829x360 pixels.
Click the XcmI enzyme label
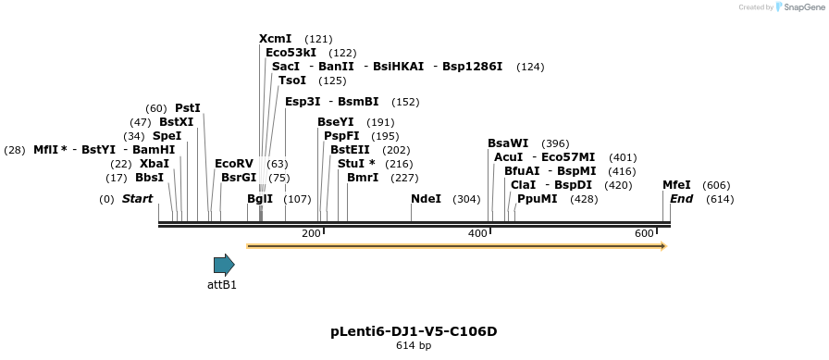(x=276, y=39)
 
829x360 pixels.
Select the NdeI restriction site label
(x=426, y=199)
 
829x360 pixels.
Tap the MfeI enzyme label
(x=676, y=185)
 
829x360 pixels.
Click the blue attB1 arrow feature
(x=224, y=265)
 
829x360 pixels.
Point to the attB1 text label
(x=222, y=285)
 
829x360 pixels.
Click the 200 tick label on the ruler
(x=311, y=233)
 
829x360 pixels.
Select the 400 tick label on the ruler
(x=477, y=233)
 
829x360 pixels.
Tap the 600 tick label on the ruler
(x=644, y=233)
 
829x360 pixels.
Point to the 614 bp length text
(x=414, y=345)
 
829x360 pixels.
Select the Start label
(x=137, y=199)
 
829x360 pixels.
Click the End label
(x=681, y=199)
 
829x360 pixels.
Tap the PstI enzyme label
(x=188, y=108)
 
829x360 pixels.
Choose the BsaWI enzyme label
(x=508, y=143)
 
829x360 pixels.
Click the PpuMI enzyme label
(x=537, y=199)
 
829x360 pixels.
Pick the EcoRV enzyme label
(x=234, y=164)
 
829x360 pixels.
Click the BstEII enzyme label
(x=350, y=150)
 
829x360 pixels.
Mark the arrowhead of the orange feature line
(x=662, y=246)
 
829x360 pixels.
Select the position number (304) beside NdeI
(x=466, y=199)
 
